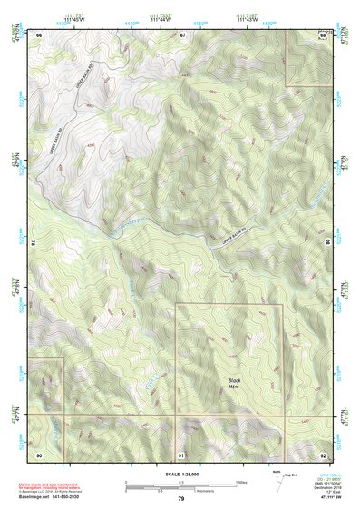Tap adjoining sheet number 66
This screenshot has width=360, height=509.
[40, 34]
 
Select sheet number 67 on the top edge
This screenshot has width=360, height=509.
[182, 34]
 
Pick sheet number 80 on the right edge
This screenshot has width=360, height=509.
[326, 243]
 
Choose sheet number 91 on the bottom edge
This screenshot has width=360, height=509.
[181, 454]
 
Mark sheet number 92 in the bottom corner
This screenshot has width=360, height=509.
[323, 454]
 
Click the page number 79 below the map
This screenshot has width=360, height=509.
[181, 499]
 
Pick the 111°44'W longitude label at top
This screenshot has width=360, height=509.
[161, 19]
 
